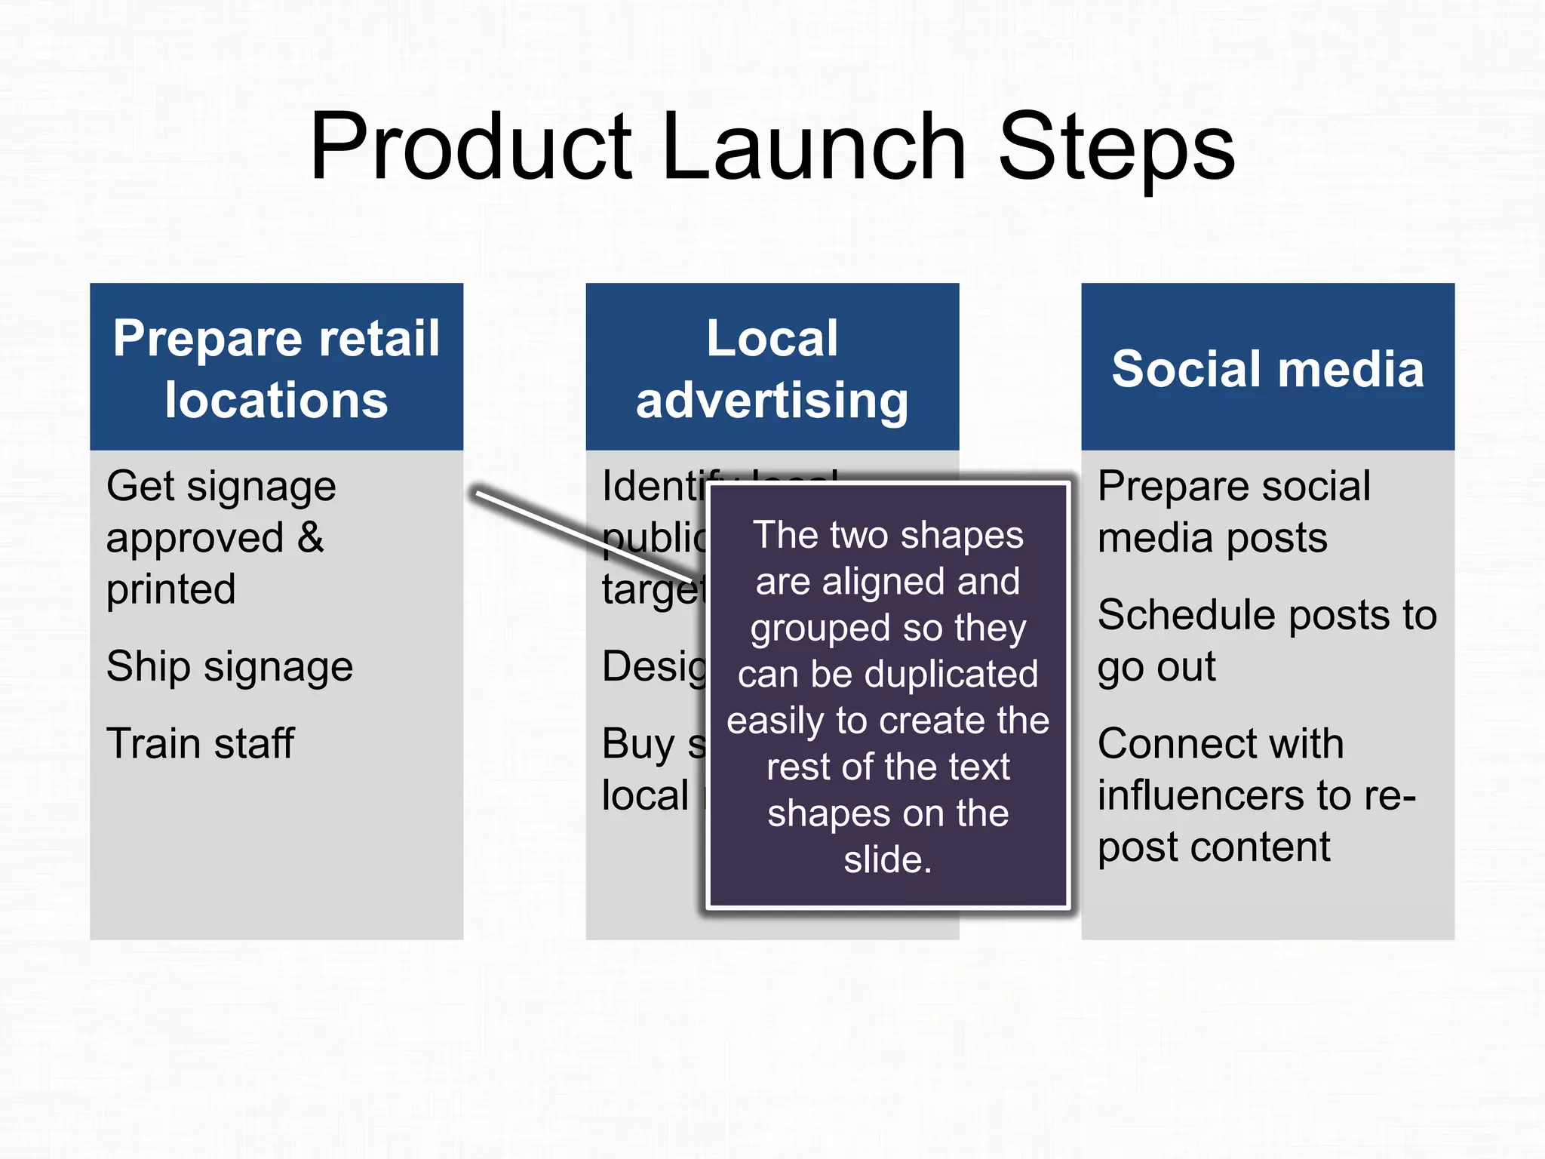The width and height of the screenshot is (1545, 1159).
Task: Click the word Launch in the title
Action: (x=815, y=147)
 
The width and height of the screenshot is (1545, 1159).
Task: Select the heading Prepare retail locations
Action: (x=276, y=368)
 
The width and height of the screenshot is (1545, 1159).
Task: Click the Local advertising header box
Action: (x=772, y=368)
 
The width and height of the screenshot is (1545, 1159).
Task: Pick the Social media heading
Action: (x=1267, y=369)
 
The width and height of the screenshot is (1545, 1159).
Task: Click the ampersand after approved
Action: (x=310, y=538)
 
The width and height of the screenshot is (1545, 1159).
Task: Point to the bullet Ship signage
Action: (x=229, y=667)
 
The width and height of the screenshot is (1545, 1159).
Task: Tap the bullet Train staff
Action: (x=200, y=744)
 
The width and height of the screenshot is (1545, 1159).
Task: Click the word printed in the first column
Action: (x=170, y=589)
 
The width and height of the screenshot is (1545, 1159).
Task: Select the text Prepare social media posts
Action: (x=1233, y=512)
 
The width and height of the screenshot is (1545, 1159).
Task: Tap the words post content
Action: (x=1213, y=847)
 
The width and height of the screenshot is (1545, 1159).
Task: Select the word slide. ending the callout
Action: (x=888, y=859)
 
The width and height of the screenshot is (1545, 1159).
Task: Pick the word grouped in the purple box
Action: (x=819, y=629)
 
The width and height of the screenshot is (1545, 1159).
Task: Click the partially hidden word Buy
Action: (x=637, y=746)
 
